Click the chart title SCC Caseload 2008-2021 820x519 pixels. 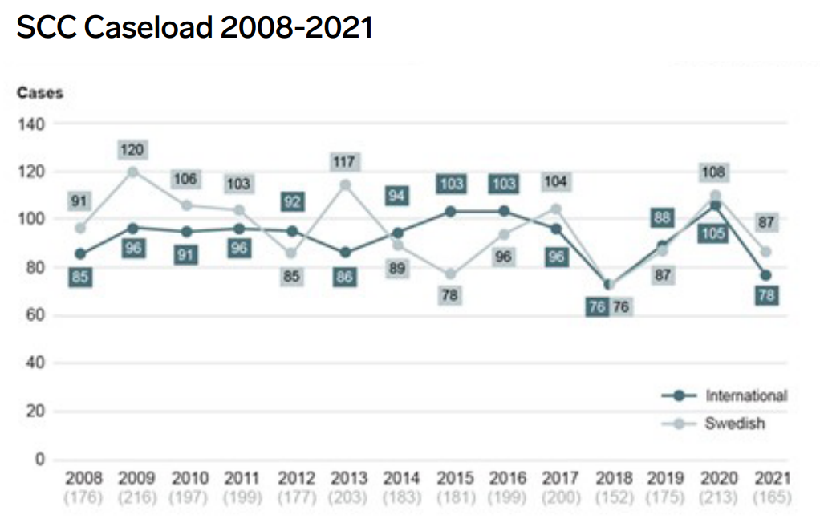pyautogui.click(x=195, y=29)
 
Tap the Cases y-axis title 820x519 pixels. pyautogui.click(x=40, y=92)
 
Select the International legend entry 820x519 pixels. pyautogui.click(x=745, y=395)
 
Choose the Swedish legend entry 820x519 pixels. pyautogui.click(x=734, y=423)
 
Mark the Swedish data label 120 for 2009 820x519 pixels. pyautogui.click(x=132, y=150)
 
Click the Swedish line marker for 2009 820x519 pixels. pyautogui.click(x=132, y=172)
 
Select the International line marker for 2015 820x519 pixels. pyautogui.click(x=451, y=212)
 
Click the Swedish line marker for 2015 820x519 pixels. pyautogui.click(x=451, y=274)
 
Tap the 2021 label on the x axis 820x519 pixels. pyautogui.click(x=773, y=479)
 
